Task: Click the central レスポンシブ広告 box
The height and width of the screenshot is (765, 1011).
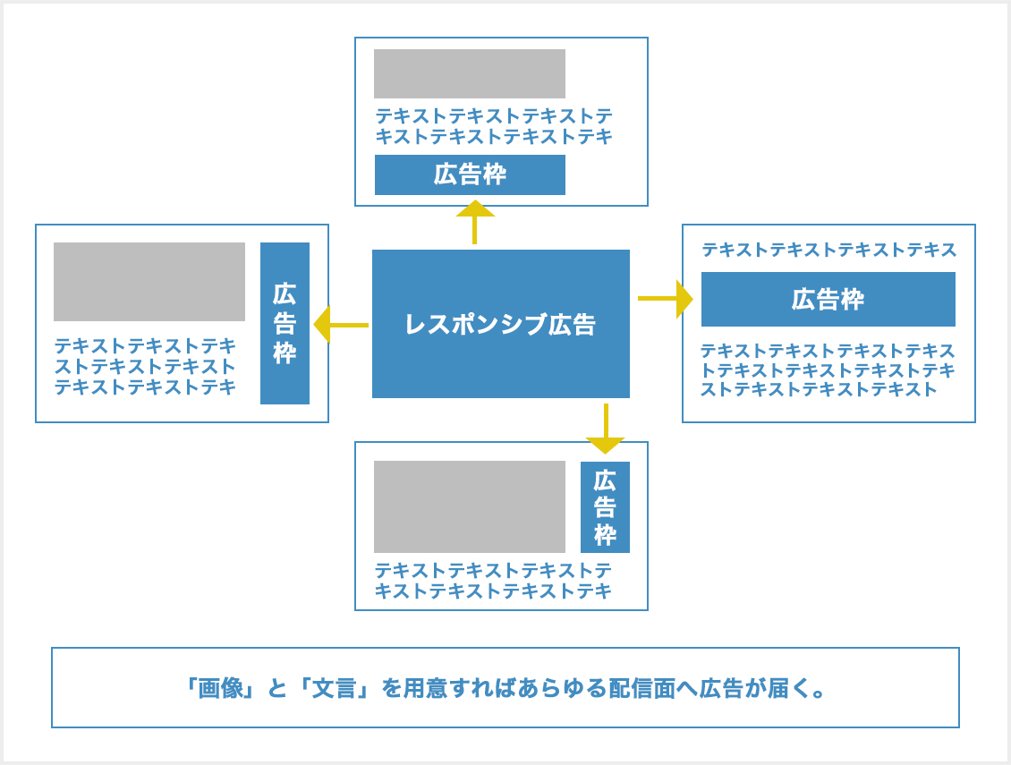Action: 500,324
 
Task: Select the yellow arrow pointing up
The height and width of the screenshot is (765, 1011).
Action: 474,222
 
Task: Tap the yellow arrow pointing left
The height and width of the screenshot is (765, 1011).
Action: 341,325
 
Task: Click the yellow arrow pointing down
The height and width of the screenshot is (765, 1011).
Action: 606,429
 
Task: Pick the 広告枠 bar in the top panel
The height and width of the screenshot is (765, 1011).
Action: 470,174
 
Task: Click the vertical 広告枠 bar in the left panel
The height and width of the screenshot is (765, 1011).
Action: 285,323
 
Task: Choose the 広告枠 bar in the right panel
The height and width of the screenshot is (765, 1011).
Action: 828,299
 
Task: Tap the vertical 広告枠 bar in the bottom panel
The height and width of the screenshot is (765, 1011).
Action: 605,507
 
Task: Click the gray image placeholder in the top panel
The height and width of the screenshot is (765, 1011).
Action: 470,73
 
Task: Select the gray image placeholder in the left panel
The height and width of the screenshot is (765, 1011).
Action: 149,282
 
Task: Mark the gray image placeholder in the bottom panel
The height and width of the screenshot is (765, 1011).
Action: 470,506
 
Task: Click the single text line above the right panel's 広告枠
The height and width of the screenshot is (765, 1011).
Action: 828,250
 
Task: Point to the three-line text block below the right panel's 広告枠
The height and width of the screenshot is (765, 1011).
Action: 828,370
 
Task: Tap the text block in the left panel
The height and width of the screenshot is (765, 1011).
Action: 146,367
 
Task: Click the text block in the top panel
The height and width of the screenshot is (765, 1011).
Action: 494,126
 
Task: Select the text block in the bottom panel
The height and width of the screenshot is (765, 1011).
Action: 493,581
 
